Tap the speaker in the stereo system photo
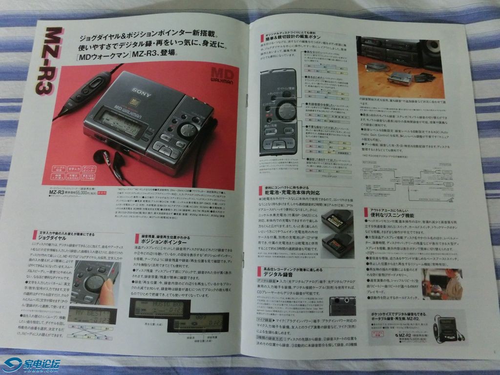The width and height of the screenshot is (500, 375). tap(432, 49)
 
